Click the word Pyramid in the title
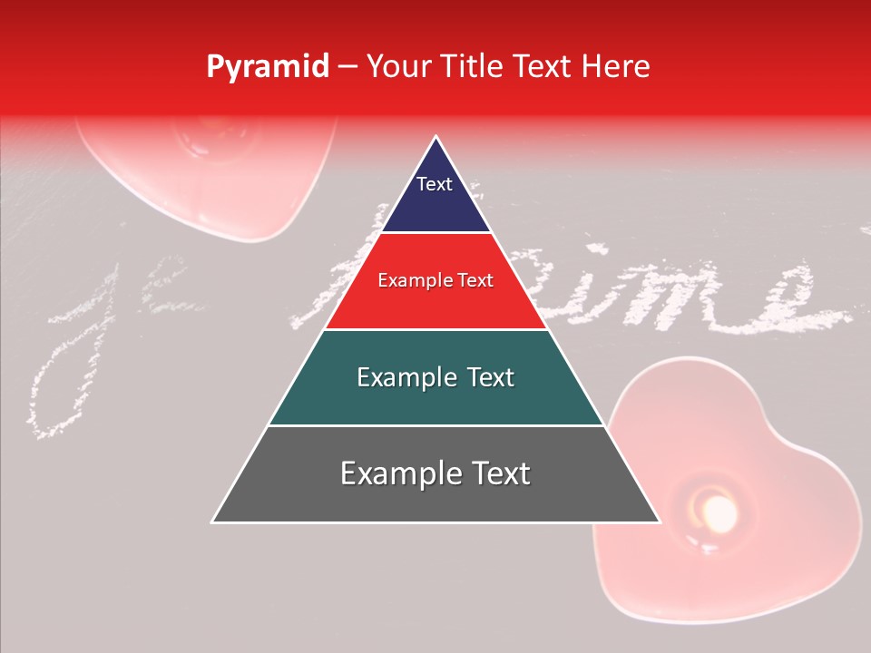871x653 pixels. pos(267,67)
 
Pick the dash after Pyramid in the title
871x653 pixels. pos(347,68)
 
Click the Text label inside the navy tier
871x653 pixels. pos(434,184)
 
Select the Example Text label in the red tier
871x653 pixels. pos(435,281)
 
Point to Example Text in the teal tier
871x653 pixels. pos(435,377)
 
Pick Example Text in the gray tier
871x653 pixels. pos(435,473)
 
